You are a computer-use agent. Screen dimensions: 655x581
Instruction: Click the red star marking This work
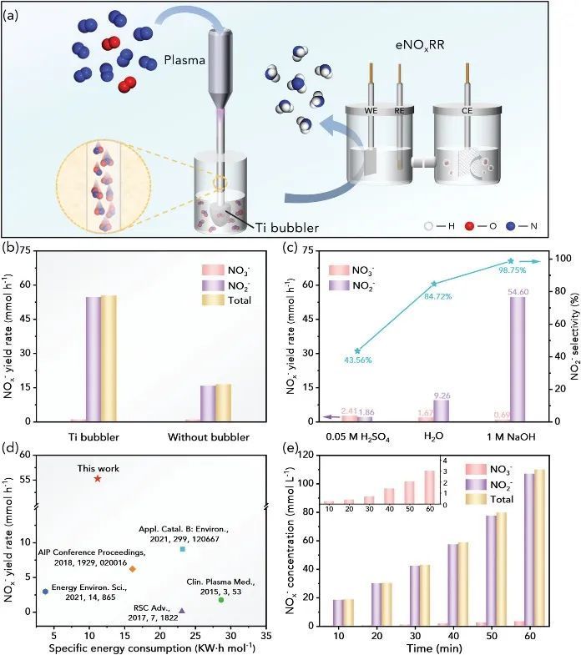point(98,478)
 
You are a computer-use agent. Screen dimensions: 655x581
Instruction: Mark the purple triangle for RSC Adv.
point(182,611)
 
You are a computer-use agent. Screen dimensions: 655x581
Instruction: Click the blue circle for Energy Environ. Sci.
point(45,592)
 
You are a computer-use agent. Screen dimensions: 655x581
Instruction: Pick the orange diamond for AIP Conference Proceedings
point(132,569)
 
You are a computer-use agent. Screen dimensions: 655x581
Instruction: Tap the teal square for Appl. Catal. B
point(183,548)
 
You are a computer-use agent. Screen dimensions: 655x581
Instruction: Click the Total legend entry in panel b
point(238,300)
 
